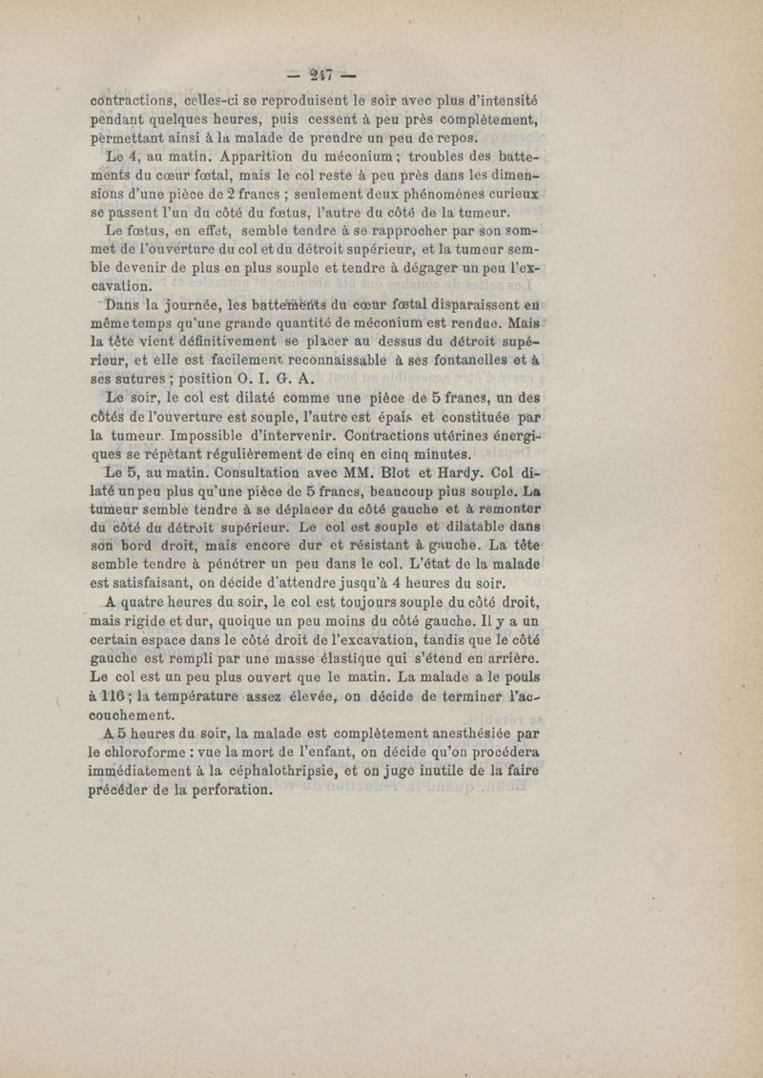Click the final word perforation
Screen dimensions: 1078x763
(223, 790)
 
